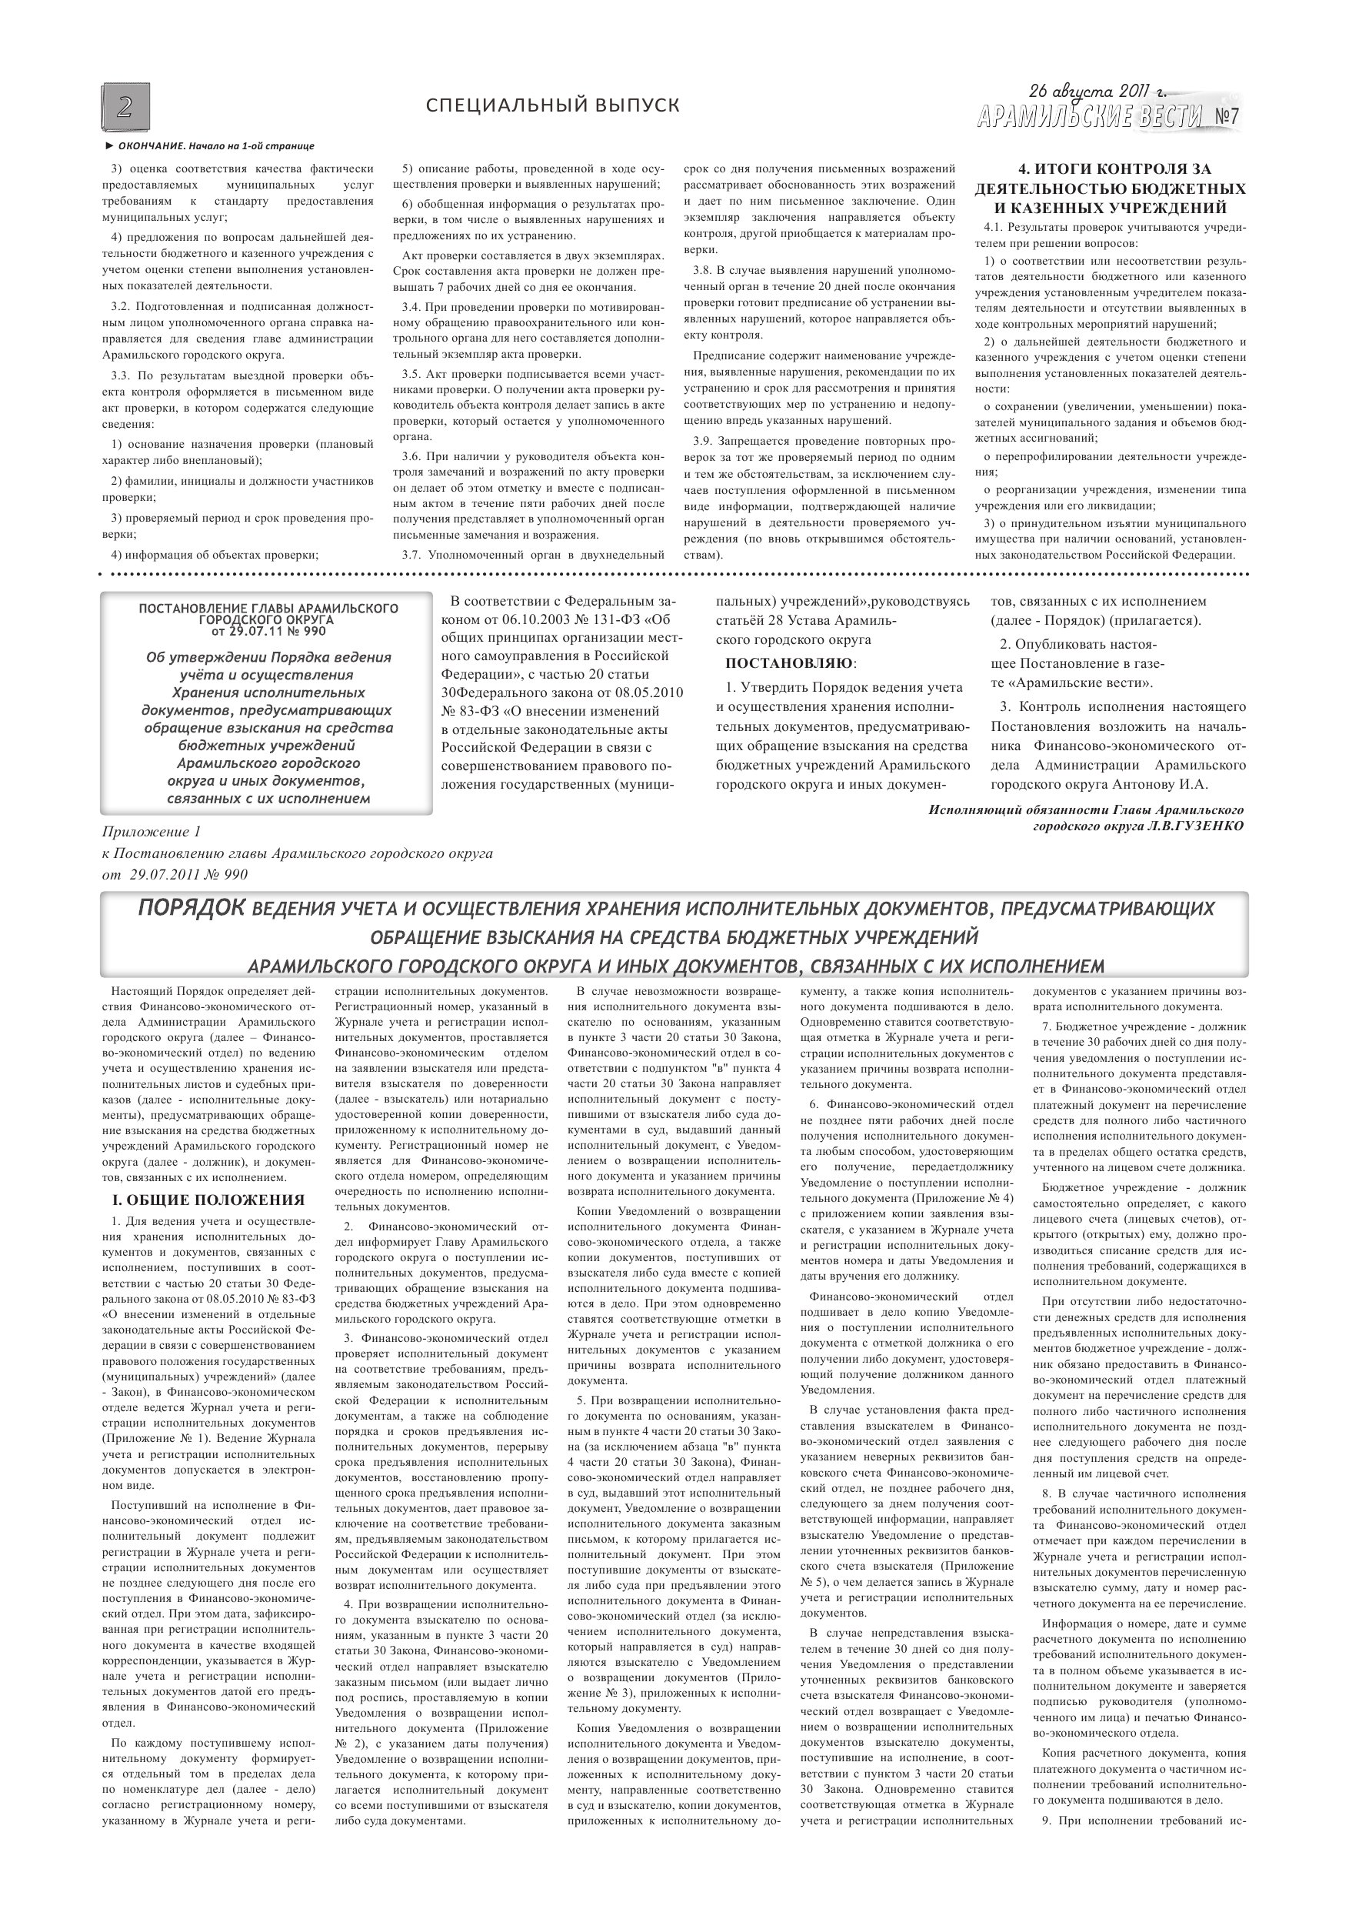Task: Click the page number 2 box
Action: (x=125, y=107)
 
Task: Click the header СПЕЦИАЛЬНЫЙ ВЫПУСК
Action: (x=552, y=105)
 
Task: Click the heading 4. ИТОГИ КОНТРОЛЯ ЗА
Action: (x=1110, y=169)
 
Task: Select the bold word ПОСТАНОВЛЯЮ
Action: (x=789, y=663)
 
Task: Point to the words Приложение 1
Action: (x=152, y=832)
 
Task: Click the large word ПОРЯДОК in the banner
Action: (x=192, y=907)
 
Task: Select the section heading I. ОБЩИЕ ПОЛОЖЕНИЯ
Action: (x=208, y=1200)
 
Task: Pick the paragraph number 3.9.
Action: (x=704, y=441)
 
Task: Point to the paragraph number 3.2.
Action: (x=122, y=306)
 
